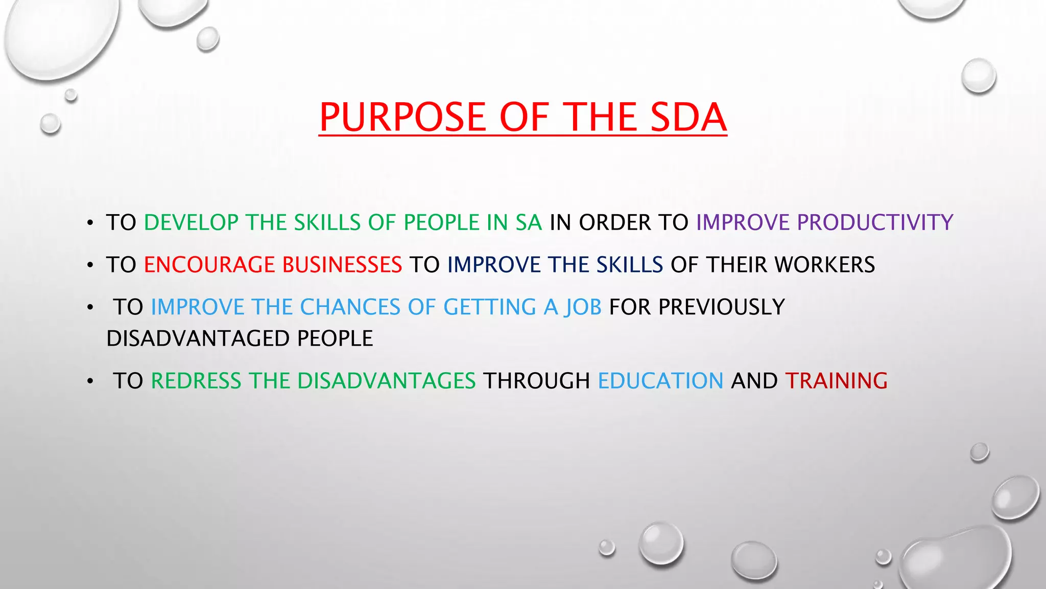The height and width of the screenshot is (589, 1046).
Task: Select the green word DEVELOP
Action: click(191, 223)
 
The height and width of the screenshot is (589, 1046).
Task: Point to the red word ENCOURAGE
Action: click(209, 265)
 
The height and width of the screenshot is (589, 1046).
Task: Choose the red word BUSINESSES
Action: click(342, 265)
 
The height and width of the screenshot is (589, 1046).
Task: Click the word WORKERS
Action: click(824, 265)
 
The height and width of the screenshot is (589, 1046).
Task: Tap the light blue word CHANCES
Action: click(350, 307)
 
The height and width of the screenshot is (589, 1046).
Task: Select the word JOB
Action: click(583, 307)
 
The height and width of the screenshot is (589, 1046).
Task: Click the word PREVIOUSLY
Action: click(721, 307)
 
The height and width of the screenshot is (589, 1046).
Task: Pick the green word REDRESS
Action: click(196, 381)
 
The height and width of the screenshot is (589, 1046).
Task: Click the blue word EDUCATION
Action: click(660, 381)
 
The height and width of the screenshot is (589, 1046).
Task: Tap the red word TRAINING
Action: click(836, 381)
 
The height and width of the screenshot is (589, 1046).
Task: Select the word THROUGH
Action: click(536, 381)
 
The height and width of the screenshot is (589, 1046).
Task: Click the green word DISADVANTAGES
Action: click(387, 381)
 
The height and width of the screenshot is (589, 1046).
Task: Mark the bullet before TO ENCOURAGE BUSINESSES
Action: click(90, 265)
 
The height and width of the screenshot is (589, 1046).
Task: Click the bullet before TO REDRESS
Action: click(90, 381)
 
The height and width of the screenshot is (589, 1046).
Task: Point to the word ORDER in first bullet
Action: click(615, 223)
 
